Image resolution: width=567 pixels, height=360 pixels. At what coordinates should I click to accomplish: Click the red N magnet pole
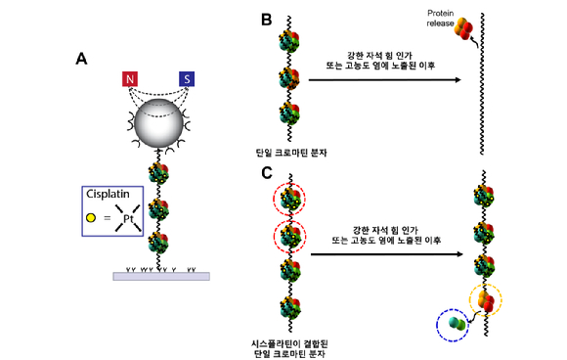[x=130, y=79]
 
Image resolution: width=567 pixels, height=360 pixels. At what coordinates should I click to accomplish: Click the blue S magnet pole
[x=187, y=79]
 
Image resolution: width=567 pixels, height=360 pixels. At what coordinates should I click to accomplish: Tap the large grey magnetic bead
[x=158, y=123]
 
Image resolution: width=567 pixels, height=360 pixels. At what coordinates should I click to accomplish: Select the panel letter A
[x=81, y=59]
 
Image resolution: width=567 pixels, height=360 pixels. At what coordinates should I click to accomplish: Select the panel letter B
[x=267, y=20]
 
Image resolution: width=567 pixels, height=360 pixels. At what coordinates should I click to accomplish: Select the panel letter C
[x=267, y=173]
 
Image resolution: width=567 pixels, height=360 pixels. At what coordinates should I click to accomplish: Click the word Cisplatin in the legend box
[x=108, y=194]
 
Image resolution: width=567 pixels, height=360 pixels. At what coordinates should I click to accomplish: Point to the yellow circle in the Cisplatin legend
[x=91, y=218]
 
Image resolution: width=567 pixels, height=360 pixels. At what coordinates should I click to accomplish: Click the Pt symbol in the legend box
[x=128, y=218]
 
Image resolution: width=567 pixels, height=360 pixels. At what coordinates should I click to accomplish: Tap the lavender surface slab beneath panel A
[x=161, y=276]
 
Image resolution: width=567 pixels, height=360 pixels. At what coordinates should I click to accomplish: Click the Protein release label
[x=440, y=18]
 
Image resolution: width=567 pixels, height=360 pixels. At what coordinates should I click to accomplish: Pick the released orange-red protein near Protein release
[x=463, y=28]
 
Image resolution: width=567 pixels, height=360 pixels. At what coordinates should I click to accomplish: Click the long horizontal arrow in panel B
[x=385, y=79]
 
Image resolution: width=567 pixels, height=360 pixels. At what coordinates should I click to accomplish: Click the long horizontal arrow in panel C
[x=387, y=254]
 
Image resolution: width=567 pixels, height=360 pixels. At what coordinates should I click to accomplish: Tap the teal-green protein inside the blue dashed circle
[x=457, y=324]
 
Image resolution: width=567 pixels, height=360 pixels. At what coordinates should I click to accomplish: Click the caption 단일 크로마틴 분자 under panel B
[x=291, y=153]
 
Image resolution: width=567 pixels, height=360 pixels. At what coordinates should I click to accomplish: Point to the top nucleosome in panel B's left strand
[x=289, y=42]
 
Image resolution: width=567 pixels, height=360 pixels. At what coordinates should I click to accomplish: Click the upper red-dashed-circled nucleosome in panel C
[x=289, y=199]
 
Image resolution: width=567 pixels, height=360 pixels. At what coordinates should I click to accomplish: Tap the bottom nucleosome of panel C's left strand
[x=290, y=308]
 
